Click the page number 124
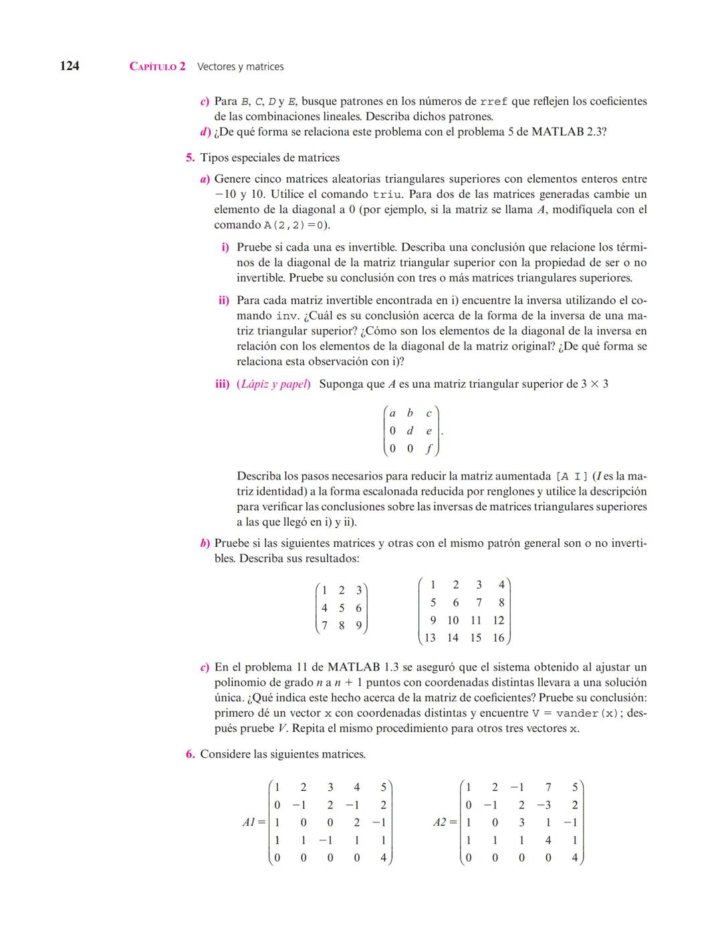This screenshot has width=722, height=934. click(70, 66)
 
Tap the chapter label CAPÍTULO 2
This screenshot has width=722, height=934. click(157, 67)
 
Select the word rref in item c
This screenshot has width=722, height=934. click(493, 102)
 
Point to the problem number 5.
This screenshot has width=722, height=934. click(190, 158)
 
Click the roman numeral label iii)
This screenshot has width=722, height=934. click(222, 384)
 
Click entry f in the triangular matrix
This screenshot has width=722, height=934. click(429, 449)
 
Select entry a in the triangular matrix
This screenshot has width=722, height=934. click(393, 414)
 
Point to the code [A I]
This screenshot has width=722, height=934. click(572, 477)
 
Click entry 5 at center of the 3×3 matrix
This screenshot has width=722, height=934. click(342, 608)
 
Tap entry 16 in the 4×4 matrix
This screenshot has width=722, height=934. click(498, 638)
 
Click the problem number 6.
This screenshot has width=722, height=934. click(190, 754)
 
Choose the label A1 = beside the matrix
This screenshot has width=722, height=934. click(253, 822)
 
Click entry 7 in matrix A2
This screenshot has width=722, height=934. click(548, 788)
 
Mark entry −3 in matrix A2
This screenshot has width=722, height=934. click(546, 805)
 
